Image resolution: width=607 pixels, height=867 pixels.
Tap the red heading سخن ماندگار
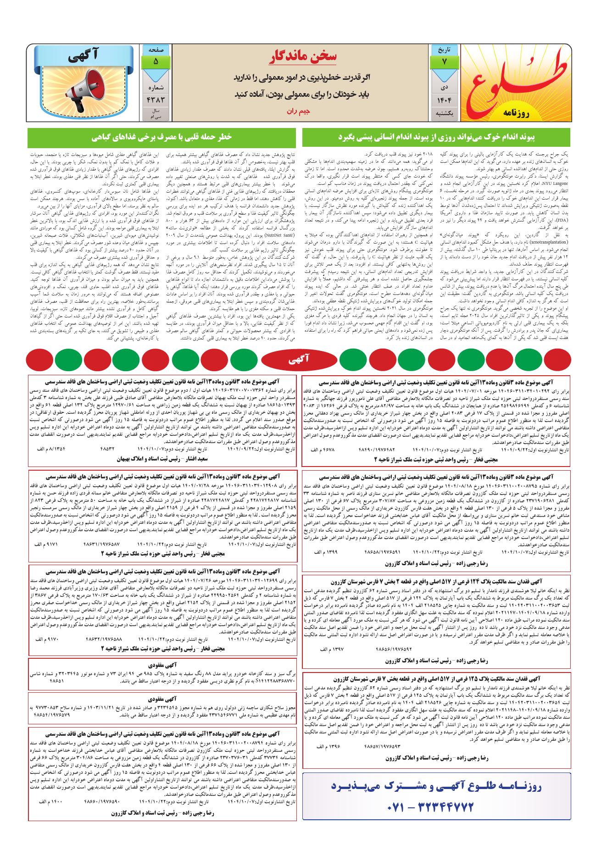(x=302, y=56)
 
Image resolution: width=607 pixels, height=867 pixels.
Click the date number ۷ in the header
(x=444, y=61)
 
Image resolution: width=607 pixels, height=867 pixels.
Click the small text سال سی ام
(x=156, y=114)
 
